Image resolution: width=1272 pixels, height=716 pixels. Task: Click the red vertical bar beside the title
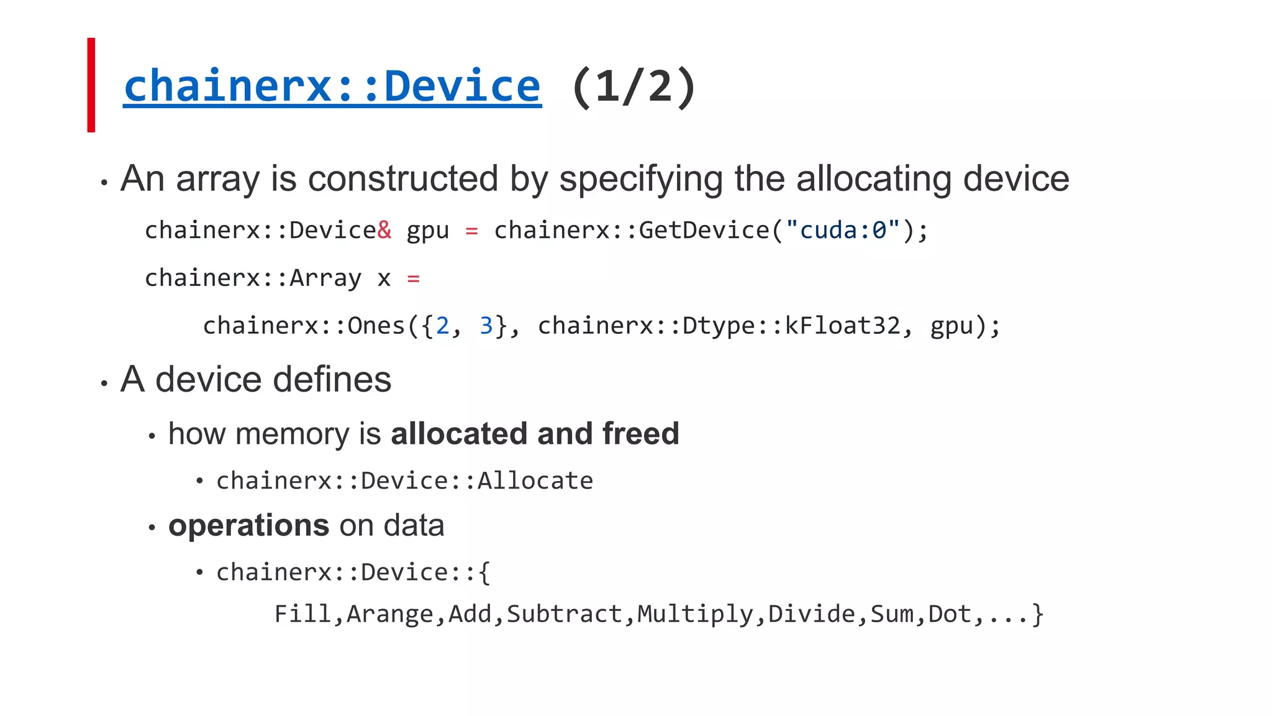[91, 85]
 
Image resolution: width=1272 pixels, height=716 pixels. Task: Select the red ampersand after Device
[384, 230]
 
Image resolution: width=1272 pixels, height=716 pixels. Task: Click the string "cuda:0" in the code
[843, 230]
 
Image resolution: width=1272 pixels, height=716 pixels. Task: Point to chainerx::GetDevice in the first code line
[631, 230]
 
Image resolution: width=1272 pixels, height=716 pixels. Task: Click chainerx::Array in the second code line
[253, 278]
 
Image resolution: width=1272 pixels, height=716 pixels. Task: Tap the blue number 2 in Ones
[442, 326]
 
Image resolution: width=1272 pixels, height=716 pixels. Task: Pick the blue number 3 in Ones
[486, 326]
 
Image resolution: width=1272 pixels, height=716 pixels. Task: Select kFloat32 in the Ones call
[842, 326]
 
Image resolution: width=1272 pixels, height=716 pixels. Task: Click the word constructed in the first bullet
[403, 179]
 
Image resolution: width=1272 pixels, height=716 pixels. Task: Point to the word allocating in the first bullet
[874, 179]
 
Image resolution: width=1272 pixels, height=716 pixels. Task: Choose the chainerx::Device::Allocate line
[404, 480]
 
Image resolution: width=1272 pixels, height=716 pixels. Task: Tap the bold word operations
[248, 525]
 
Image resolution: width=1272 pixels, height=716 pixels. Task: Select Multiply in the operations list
[695, 614]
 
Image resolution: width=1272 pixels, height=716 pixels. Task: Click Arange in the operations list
[389, 614]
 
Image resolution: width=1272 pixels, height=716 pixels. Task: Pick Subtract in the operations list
[564, 614]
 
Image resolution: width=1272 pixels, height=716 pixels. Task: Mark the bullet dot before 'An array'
[104, 183]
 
